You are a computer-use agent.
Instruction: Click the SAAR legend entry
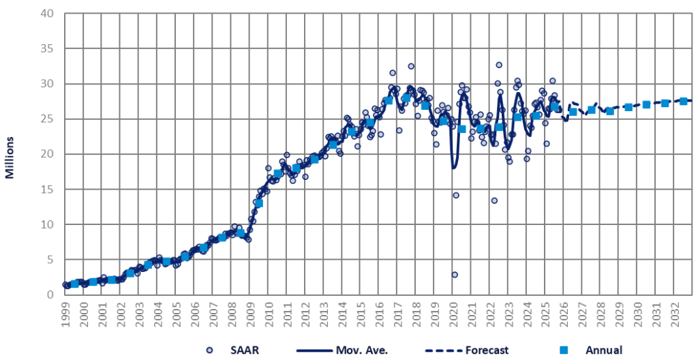[x=233, y=350]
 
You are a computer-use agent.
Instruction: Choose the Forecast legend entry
[x=486, y=350]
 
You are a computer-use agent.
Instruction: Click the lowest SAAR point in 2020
[x=455, y=275]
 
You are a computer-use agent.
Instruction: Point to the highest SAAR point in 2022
[x=499, y=65]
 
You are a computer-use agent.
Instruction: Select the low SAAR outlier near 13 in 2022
[x=494, y=200]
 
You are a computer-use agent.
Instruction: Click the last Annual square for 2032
[x=683, y=101]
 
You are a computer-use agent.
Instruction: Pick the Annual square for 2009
[x=259, y=203]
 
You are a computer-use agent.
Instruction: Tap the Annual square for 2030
[x=646, y=104]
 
